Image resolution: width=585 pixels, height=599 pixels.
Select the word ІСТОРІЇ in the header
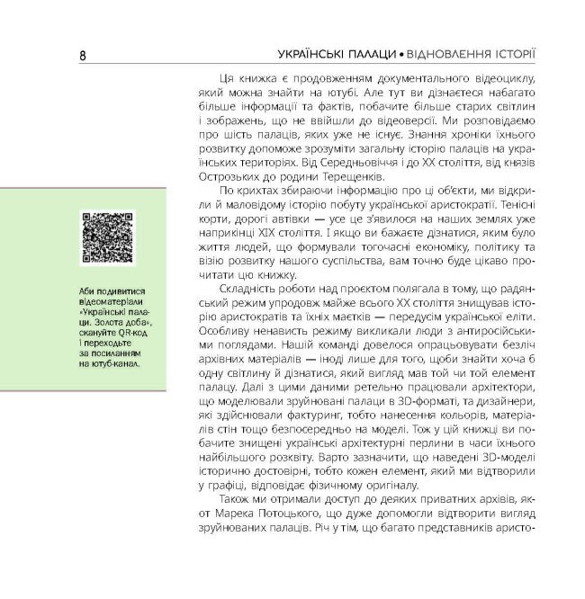point(510,56)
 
